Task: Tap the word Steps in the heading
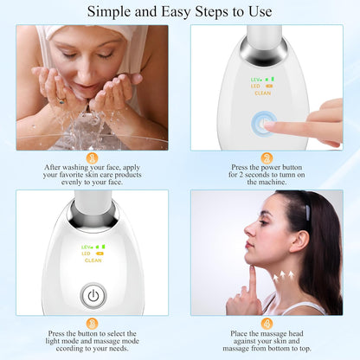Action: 215,12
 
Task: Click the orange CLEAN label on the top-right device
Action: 262,93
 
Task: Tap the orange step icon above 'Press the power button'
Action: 267,157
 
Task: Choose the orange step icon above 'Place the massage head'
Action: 267,322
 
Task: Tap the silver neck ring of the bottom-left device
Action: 91,213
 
